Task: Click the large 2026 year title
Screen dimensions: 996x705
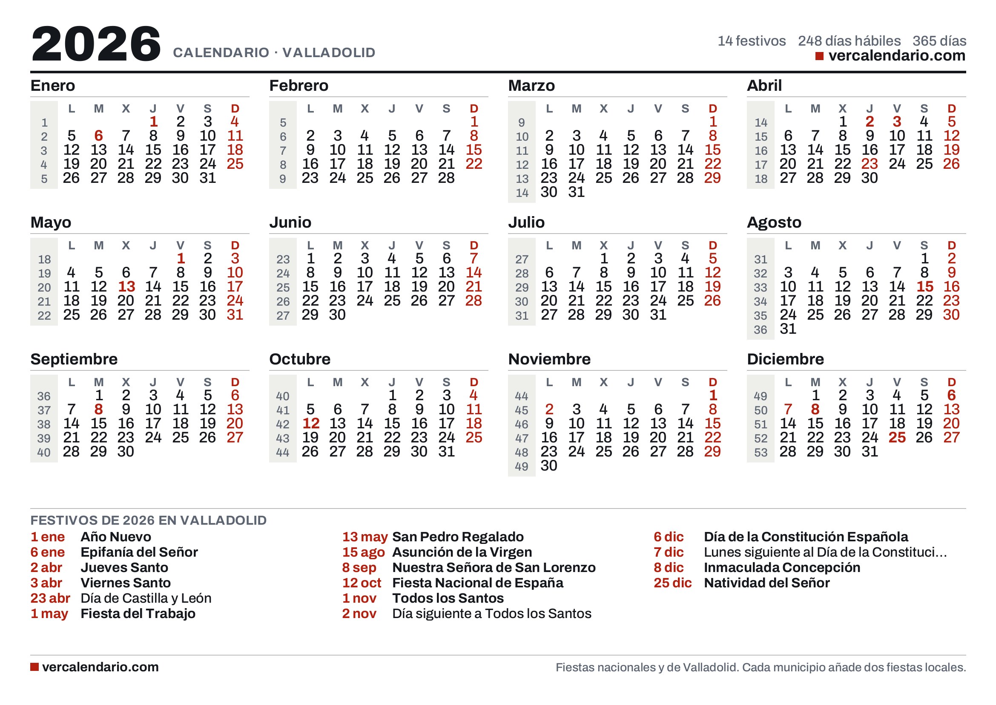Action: (96, 43)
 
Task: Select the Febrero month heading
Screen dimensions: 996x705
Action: (299, 86)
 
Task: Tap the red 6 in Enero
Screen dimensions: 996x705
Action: (98, 136)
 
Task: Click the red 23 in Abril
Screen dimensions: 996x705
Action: (870, 164)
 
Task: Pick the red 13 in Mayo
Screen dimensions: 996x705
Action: (126, 286)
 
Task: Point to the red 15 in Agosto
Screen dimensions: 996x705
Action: (924, 286)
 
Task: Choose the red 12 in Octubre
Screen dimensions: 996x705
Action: (310, 423)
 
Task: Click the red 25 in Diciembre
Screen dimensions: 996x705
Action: (897, 437)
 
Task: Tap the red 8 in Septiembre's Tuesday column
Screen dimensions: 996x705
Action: (98, 409)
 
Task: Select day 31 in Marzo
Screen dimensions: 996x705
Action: (576, 192)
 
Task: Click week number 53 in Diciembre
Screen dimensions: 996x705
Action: (761, 452)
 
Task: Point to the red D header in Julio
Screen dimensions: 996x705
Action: (713, 245)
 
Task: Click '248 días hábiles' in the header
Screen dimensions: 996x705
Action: (850, 41)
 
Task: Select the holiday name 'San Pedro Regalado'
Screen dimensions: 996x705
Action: (458, 537)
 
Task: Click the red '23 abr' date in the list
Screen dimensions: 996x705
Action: (50, 598)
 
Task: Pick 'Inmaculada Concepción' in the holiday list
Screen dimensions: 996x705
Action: (782, 568)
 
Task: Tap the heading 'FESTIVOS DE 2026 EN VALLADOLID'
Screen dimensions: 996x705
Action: (148, 520)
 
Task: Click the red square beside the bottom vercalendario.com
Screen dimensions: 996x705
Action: (34, 667)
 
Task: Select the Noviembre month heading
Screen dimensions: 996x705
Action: (549, 359)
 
